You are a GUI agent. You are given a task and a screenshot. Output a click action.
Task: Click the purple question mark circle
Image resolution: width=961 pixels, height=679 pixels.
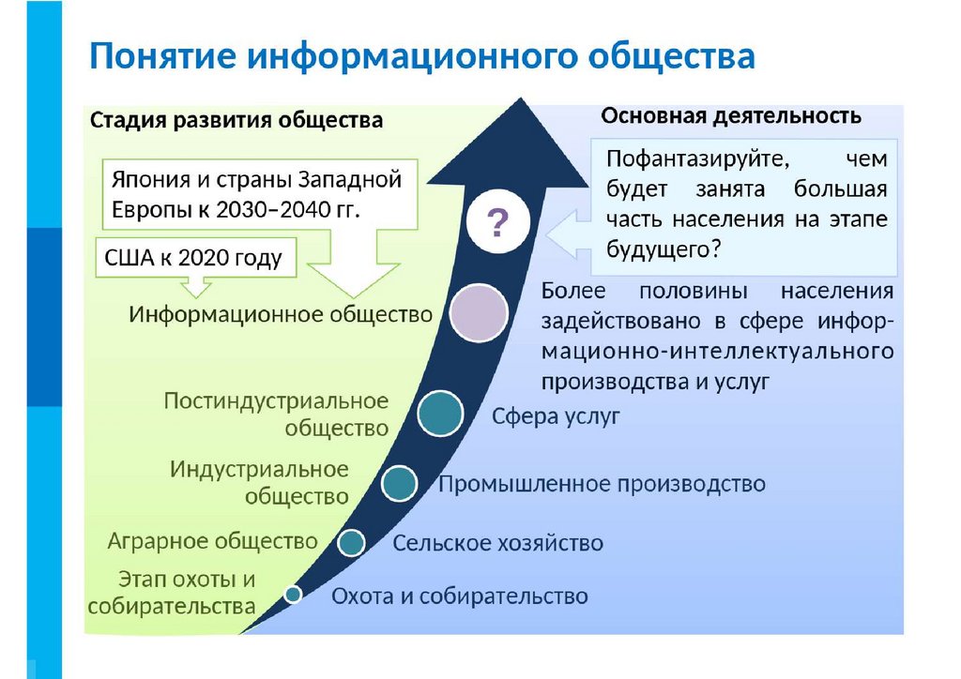coord(496,223)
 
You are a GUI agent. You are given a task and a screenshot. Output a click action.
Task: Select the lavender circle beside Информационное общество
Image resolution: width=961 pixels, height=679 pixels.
coord(478,314)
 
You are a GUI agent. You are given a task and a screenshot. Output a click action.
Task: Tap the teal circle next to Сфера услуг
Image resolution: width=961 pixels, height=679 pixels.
coord(441,415)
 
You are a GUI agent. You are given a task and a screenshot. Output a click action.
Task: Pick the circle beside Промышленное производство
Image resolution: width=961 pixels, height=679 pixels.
coord(401,482)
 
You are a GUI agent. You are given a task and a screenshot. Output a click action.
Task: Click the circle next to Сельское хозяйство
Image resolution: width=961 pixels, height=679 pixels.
coord(351,541)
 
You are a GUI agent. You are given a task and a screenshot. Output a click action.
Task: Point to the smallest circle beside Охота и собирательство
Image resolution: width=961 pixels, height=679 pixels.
coord(293,594)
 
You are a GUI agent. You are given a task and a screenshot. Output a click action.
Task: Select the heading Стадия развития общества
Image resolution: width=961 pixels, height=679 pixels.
coord(236,120)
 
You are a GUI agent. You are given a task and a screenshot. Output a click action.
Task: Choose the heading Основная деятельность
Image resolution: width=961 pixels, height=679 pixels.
coord(731,115)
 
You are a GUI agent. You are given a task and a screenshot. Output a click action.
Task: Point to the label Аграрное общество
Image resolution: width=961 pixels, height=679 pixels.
coord(213,541)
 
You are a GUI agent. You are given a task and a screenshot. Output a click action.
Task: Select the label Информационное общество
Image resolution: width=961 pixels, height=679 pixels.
coord(281,314)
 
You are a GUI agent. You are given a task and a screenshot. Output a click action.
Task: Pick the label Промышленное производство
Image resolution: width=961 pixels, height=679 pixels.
coord(603,484)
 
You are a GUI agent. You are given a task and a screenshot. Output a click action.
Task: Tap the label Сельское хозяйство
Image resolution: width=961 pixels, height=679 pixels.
coord(497,543)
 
